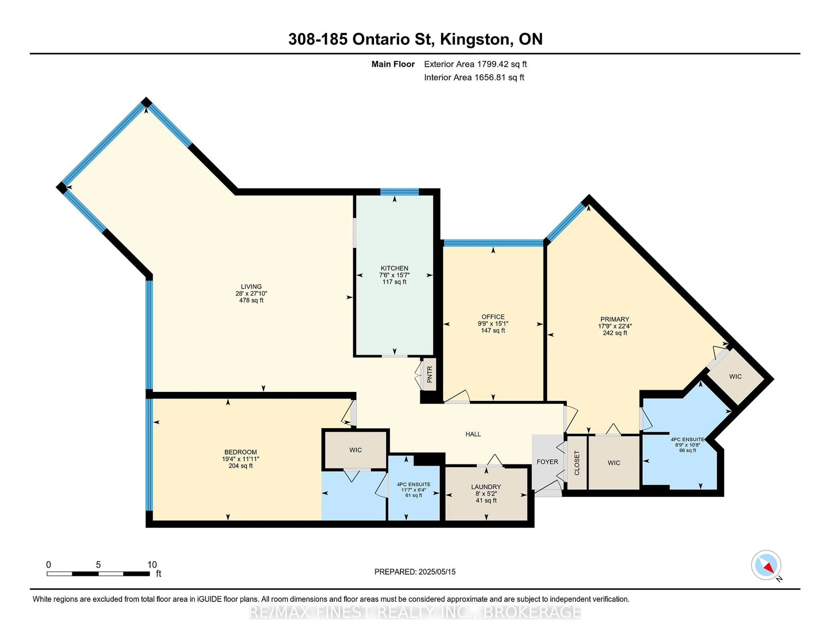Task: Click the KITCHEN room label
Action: pos(394,268)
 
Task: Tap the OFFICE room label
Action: pos(493,317)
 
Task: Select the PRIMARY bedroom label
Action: pos(615,319)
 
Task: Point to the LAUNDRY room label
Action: pos(486,487)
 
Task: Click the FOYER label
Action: pos(547,462)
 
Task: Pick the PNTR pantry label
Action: pos(430,374)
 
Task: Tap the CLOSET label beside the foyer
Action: pos(577,463)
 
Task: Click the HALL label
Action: pos(473,434)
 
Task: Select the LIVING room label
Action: pos(251,287)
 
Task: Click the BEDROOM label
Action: pos(241,452)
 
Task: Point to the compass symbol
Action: pos(766,565)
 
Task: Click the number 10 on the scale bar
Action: pos(152,565)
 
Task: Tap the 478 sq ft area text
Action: pos(251,300)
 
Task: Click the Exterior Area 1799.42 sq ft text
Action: pos(476,64)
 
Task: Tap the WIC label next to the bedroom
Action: pos(355,450)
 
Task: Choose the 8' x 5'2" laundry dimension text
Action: pos(486,494)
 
